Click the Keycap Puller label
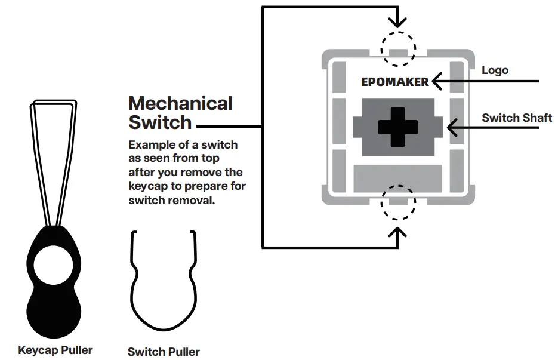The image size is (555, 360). click(55, 350)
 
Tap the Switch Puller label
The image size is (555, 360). click(164, 352)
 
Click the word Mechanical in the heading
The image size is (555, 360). click(180, 103)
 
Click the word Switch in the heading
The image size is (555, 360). click(160, 122)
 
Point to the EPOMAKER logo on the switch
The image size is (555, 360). click(394, 82)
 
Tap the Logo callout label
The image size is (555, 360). click(495, 70)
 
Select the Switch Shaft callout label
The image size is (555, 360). click(517, 118)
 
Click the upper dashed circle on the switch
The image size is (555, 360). click(397, 48)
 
